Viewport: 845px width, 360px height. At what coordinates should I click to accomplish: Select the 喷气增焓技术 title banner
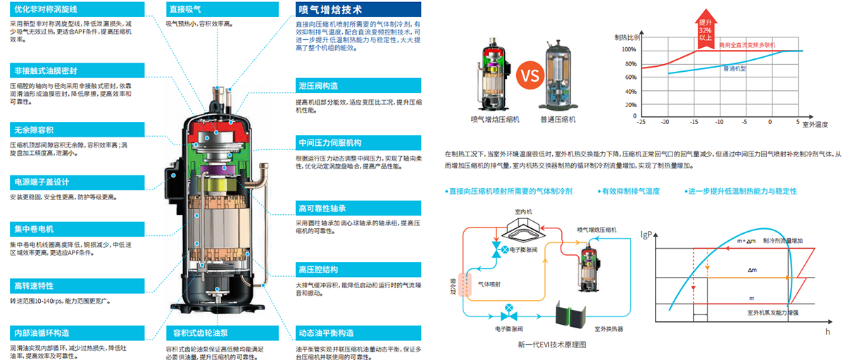330,10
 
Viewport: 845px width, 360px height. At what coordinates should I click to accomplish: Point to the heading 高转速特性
33,286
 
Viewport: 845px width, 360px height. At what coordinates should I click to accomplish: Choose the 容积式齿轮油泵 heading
194,333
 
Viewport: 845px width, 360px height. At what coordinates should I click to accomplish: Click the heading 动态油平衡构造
325,333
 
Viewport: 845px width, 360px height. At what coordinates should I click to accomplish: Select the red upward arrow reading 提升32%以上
706,29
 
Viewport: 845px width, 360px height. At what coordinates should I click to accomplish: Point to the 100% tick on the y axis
629,50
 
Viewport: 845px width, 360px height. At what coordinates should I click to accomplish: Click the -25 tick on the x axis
641,122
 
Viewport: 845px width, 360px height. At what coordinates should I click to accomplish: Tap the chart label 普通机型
734,68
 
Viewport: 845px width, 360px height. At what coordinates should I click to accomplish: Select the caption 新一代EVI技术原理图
551,345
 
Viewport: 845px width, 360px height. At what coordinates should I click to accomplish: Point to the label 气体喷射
492,283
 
